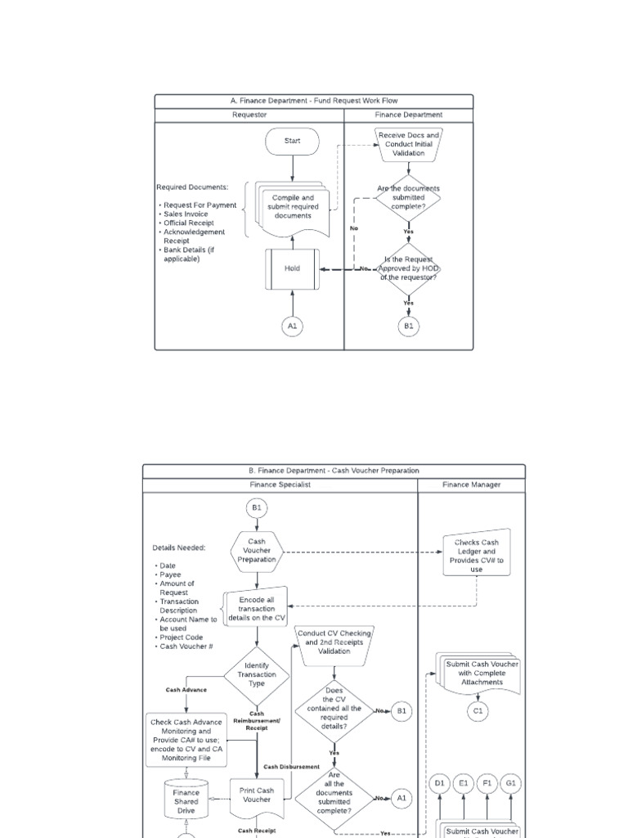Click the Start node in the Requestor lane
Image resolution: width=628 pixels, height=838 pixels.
tap(292, 141)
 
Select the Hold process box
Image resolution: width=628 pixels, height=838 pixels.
tap(292, 268)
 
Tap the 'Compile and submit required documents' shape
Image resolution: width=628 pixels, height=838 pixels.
tap(292, 206)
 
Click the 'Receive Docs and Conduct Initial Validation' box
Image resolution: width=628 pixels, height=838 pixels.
tap(409, 144)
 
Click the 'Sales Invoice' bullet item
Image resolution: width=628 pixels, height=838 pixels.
tap(186, 214)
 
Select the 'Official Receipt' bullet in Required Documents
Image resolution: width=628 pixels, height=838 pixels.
tap(189, 223)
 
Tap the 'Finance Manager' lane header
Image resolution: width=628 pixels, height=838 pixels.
tap(472, 484)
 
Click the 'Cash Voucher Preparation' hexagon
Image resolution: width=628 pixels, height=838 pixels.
tap(257, 552)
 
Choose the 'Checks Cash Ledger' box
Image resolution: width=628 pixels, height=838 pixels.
tap(477, 555)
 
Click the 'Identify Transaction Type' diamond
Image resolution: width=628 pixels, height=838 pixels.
tap(257, 675)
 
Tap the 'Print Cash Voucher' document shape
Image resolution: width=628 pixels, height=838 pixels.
tap(257, 796)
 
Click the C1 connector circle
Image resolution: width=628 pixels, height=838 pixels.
tap(478, 711)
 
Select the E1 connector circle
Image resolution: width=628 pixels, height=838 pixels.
tap(464, 783)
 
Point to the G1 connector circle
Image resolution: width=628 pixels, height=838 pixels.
tap(511, 783)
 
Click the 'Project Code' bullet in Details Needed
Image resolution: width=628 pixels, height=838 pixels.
tap(182, 638)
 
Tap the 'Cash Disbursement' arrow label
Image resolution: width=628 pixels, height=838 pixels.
tap(292, 767)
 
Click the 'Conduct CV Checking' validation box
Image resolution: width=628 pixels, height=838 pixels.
tap(334, 642)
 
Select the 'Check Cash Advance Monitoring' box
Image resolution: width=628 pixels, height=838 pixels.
tap(186, 741)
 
